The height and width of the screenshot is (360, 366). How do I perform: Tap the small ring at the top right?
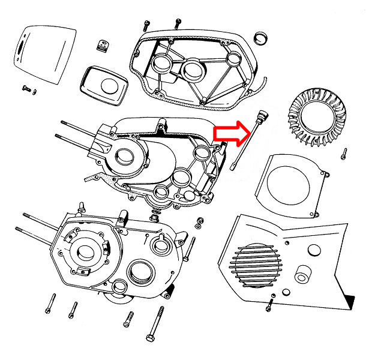point(260,38)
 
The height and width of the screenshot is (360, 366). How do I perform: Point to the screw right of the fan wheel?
point(344,154)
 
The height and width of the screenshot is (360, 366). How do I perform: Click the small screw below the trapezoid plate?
point(28,88)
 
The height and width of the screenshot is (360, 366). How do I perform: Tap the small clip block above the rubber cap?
point(103,44)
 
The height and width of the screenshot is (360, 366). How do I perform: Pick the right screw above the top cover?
point(178,23)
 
